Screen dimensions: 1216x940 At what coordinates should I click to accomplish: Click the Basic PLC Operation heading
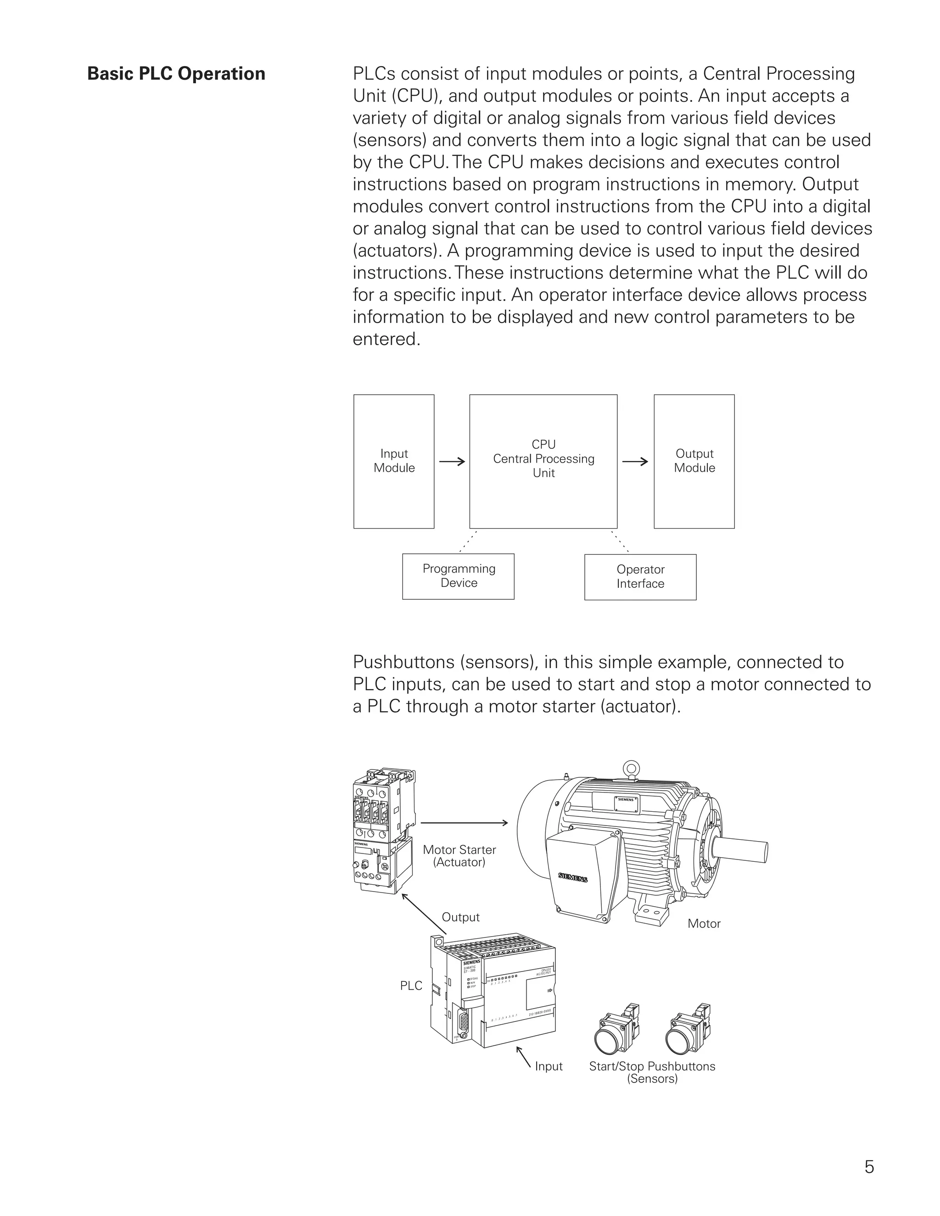pyautogui.click(x=176, y=73)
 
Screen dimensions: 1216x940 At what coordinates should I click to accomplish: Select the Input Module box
pyautogui.click(x=394, y=461)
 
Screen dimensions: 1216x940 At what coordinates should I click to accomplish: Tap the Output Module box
pyautogui.click(x=694, y=461)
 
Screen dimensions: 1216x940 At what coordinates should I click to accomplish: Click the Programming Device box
pyautogui.click(x=459, y=576)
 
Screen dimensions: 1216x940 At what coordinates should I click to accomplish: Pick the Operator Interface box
pyautogui.click(x=640, y=577)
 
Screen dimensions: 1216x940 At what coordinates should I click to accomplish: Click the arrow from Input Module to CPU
pyautogui.click(x=452, y=461)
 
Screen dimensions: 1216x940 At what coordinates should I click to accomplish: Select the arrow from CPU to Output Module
pyautogui.click(x=635, y=461)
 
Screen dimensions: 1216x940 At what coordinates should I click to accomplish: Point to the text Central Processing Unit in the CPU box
pyautogui.click(x=543, y=465)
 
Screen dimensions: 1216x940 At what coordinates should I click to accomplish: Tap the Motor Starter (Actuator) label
pyautogui.click(x=459, y=856)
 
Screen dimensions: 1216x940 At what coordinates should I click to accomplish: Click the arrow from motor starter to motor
pyautogui.click(x=464, y=823)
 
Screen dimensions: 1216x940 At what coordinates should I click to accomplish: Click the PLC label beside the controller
pyautogui.click(x=411, y=986)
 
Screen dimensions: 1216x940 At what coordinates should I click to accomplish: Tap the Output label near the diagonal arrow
pyautogui.click(x=460, y=917)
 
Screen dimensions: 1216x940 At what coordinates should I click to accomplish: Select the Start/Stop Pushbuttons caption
pyautogui.click(x=652, y=1072)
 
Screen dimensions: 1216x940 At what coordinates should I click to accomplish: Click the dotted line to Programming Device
pyautogui.click(x=468, y=541)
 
